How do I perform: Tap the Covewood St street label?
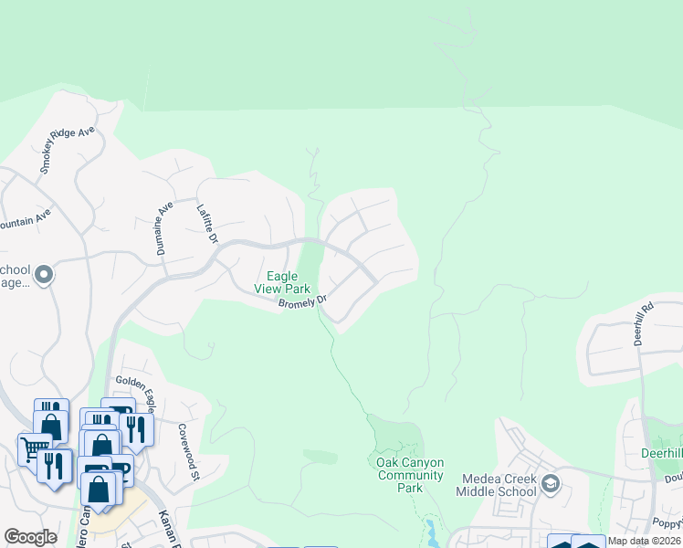point(187,451)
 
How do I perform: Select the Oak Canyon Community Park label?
point(410,475)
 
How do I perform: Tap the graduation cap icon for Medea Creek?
point(550,483)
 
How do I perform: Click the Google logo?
point(30,536)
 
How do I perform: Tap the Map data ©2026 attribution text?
point(644,541)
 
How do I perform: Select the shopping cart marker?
point(34,448)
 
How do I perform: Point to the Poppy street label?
point(667,522)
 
